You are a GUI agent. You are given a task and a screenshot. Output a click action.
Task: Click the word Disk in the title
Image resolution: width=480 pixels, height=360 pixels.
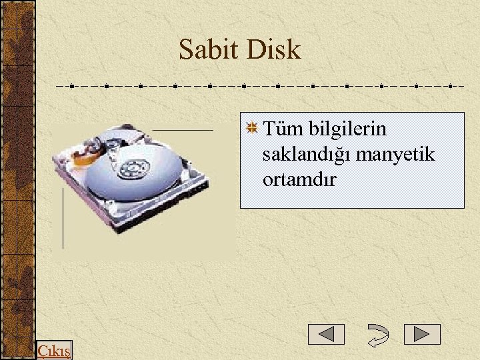273,50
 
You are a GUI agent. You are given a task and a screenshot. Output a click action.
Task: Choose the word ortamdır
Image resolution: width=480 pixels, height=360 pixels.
299,180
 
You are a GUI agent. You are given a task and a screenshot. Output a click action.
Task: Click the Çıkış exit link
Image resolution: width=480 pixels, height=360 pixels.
55,351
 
